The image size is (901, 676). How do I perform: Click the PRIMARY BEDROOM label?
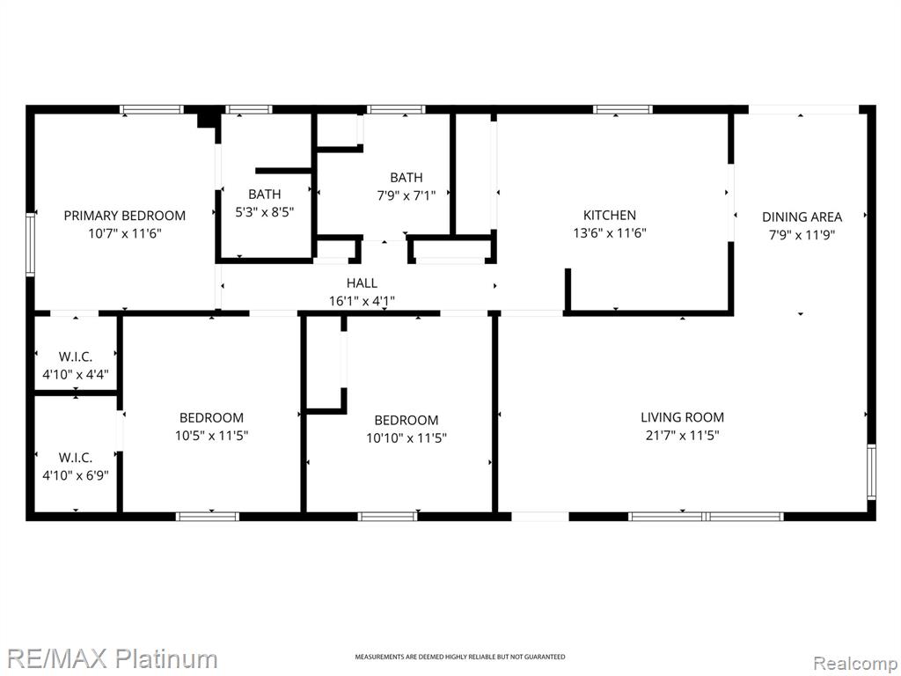tap(125, 216)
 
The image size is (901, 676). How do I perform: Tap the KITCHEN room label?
tap(610, 215)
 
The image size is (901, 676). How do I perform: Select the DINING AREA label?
tap(802, 217)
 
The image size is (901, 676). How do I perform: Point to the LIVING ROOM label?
tap(682, 416)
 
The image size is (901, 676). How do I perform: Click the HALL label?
tap(362, 283)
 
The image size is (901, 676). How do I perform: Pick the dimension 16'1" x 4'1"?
tap(362, 300)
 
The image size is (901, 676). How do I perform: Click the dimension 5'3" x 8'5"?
tap(264, 211)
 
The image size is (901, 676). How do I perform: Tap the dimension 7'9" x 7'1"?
tap(407, 195)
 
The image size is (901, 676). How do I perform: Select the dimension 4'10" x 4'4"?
tap(76, 375)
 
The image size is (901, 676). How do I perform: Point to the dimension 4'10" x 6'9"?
tap(76, 475)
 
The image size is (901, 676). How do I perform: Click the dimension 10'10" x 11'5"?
tap(407, 438)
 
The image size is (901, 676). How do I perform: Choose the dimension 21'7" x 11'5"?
tap(682, 435)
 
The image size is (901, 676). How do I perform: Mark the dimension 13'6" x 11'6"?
tap(610, 232)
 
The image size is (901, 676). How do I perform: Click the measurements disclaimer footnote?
tap(459, 657)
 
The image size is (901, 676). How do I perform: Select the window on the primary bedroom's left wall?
tap(31, 245)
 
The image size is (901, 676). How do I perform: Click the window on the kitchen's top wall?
tap(623, 109)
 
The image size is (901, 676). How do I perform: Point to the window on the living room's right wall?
tap(872, 472)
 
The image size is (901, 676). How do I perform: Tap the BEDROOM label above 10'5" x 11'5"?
tap(211, 417)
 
